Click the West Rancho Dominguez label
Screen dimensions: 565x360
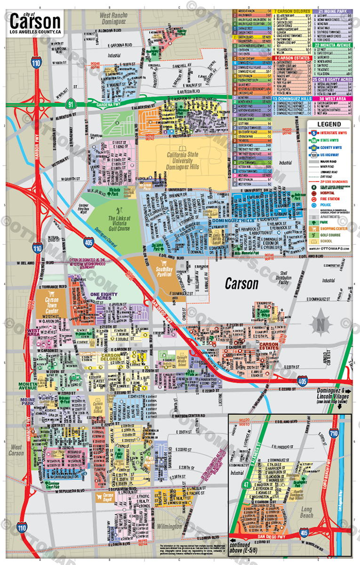tap(113, 18)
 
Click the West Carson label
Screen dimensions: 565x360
tap(16, 450)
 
